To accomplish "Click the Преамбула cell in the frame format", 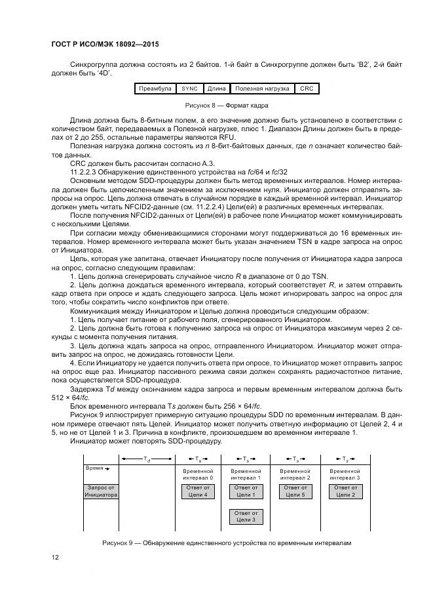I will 155,88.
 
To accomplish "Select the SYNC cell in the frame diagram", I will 189,88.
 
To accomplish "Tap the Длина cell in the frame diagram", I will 216,88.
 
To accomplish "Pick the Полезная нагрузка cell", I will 260,88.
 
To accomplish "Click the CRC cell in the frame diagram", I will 306,88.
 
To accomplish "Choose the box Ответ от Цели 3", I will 246,517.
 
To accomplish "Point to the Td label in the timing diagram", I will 147,459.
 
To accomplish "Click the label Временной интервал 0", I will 197,474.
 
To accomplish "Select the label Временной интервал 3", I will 345,474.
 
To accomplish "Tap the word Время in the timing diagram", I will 96,469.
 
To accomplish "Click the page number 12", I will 56,557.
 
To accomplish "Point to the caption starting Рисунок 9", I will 227,543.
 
